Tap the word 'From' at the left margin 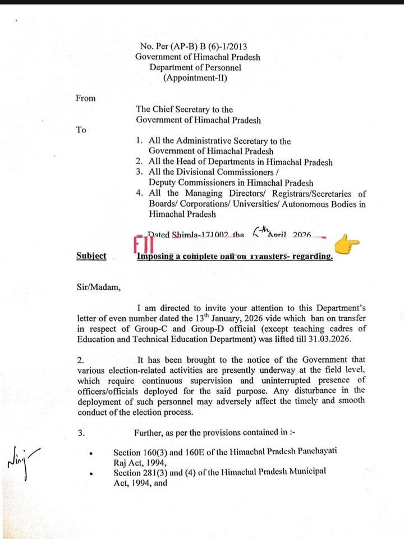(x=85, y=98)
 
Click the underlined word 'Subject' (x=91, y=256)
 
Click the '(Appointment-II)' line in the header (x=195, y=78)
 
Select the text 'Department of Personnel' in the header (x=195, y=67)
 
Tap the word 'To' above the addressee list (x=81, y=130)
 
